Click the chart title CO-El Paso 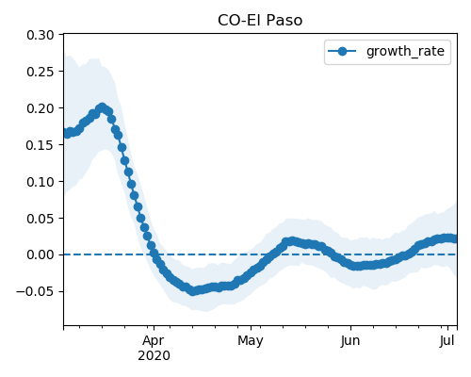tap(260, 21)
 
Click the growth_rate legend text tap(405, 52)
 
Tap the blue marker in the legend tap(342, 51)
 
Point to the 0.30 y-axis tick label tap(41, 35)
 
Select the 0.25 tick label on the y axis tap(41, 72)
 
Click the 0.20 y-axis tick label tap(41, 108)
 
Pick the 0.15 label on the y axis tap(41, 145)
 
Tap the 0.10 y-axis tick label tap(41, 182)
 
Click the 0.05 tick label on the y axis tap(41, 219)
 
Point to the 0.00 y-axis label tap(41, 254)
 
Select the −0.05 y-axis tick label tap(35, 291)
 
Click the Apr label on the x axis tap(154, 341)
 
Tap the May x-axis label tap(251, 341)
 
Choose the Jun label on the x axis tap(350, 340)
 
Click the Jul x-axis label tap(447, 340)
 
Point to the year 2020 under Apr tap(154, 355)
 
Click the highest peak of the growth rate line tap(102, 107)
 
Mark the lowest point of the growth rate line tap(192, 291)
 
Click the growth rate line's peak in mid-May tap(292, 241)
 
